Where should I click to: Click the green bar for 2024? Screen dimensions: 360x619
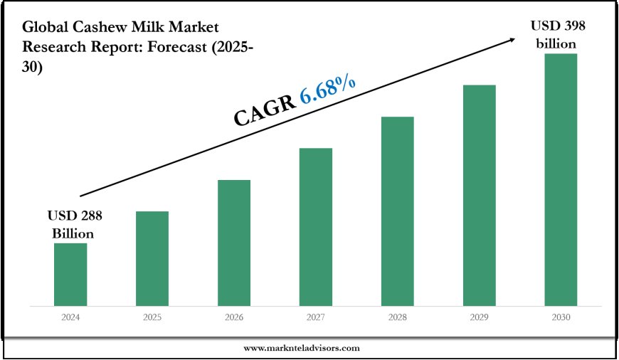(70, 275)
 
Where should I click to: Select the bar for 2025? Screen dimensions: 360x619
(152, 259)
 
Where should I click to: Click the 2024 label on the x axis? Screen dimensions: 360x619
(70, 318)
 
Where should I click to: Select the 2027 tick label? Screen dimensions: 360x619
(316, 318)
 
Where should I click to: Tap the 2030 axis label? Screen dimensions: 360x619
(561, 318)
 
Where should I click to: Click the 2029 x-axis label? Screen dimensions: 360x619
(480, 318)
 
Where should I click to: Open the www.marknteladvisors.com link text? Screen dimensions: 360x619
(302, 349)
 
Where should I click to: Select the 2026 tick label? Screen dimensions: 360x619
(234, 318)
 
